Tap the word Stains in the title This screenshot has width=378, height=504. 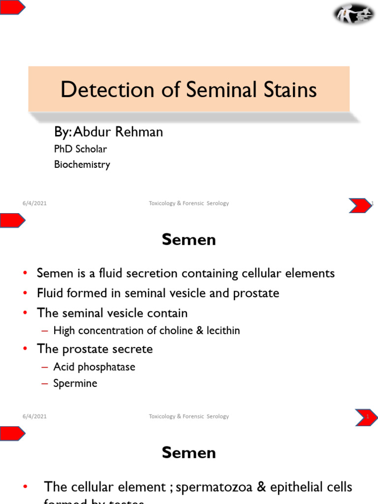[287, 90]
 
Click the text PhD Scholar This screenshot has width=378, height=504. [80, 149]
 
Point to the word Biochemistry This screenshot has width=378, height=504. [82, 164]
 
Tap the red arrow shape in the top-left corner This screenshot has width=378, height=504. [11, 7]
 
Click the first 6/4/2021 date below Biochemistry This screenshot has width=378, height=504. [34, 203]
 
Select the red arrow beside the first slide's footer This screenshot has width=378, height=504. [361, 205]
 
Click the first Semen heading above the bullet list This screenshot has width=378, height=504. [189, 240]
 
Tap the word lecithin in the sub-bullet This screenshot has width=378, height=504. [223, 330]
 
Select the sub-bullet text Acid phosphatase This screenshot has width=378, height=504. [94, 367]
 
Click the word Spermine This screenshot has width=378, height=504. [75, 383]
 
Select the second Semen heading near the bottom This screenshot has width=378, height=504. [189, 453]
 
